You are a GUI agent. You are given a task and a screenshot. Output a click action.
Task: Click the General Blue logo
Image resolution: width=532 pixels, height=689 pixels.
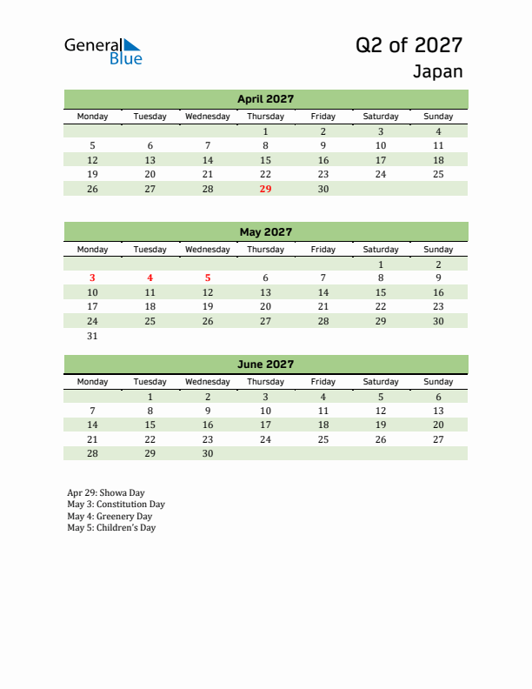click(103, 51)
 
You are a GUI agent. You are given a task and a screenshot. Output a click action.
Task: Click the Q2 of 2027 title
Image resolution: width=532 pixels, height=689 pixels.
click(409, 45)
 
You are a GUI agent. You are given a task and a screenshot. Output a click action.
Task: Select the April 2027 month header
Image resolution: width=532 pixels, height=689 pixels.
click(265, 99)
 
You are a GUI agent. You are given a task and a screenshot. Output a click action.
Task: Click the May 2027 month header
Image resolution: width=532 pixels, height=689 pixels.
click(265, 232)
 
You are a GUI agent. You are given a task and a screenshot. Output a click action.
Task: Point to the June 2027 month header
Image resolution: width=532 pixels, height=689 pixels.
click(265, 365)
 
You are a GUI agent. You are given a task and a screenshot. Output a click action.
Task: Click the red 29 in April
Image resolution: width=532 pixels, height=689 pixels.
click(265, 189)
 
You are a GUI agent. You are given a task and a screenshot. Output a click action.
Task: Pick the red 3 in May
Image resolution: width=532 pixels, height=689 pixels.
click(93, 278)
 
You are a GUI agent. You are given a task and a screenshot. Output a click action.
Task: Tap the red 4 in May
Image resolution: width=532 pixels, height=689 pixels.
click(150, 278)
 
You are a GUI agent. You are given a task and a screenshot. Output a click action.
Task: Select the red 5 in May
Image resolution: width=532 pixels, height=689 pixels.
click(208, 278)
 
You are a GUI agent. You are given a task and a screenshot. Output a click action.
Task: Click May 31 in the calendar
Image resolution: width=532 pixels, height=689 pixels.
click(93, 336)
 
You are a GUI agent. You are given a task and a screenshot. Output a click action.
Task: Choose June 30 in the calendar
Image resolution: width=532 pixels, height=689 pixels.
click(208, 453)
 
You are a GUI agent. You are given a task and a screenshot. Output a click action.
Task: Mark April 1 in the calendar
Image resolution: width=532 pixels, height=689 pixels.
click(265, 131)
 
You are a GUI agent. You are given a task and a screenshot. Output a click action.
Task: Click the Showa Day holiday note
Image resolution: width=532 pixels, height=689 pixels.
click(106, 493)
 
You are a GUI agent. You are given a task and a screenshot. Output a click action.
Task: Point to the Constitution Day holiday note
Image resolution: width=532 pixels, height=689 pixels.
click(116, 505)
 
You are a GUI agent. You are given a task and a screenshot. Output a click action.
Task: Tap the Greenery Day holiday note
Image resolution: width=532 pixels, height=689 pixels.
click(110, 516)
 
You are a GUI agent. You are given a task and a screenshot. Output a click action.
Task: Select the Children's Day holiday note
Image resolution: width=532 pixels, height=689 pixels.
click(111, 527)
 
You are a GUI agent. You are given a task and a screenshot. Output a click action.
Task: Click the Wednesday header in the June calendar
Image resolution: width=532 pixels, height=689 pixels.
click(208, 382)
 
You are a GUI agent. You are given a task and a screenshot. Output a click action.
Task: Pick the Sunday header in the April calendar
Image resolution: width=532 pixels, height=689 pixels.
click(438, 117)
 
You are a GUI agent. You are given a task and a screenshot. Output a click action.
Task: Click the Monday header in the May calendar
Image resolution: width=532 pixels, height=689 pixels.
click(93, 250)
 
